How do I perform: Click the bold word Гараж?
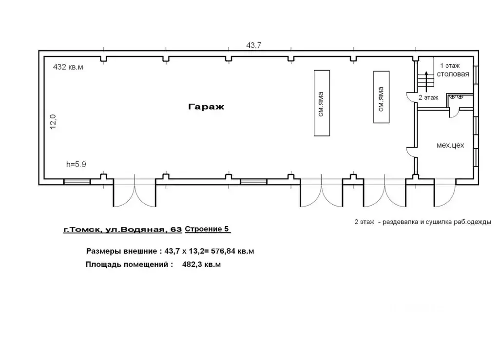tap(206, 107)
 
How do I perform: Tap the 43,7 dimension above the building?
tap(253, 45)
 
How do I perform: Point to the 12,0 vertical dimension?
tap(53, 121)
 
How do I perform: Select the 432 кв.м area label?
tap(68, 67)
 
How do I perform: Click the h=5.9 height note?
tap(76, 164)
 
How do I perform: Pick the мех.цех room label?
tap(450, 145)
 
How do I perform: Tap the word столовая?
tap(453, 74)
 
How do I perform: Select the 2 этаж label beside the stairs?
tap(428, 97)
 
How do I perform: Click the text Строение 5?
tap(207, 229)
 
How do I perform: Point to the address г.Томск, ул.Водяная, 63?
tap(122, 229)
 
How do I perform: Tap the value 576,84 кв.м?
tap(232, 251)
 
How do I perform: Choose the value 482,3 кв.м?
tap(201, 265)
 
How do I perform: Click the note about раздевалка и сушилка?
tap(422, 222)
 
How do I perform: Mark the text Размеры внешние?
tap(121, 251)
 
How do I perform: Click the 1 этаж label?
tap(450, 66)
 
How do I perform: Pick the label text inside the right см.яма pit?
tap(381, 99)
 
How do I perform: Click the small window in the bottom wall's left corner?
tap(77, 182)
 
